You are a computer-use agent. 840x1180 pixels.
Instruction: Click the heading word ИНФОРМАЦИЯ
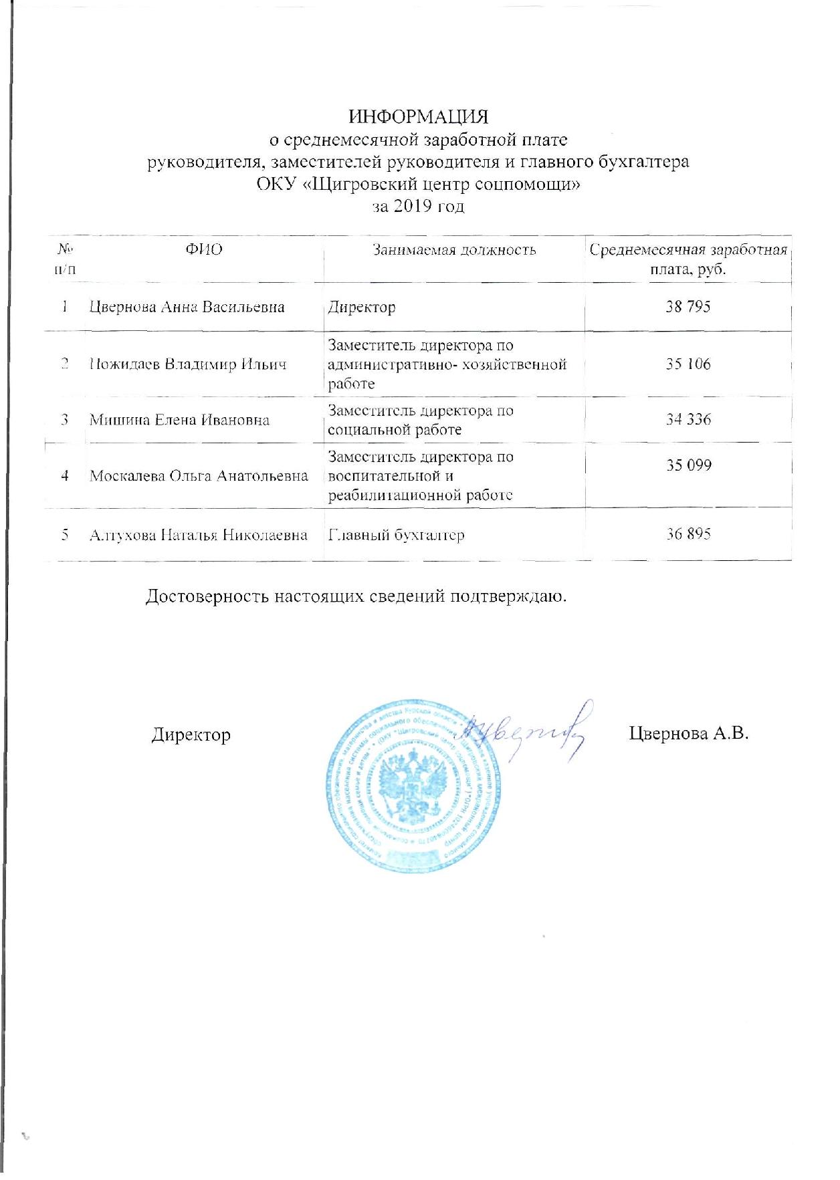point(419,117)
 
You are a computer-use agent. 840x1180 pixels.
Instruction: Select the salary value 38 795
point(688,307)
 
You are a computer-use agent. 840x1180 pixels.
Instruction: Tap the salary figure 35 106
point(688,364)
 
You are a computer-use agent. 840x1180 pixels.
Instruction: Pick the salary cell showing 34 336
point(688,419)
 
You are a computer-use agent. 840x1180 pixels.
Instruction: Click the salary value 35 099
point(688,465)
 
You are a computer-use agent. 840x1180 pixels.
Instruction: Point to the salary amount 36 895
point(688,534)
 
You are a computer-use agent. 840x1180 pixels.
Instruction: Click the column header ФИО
point(204,250)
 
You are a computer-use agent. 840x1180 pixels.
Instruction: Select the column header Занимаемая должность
point(454,250)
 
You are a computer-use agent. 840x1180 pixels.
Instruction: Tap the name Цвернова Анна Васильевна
point(187,308)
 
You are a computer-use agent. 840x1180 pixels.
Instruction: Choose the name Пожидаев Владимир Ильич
point(188,365)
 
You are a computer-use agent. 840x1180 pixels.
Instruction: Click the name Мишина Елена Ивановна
point(179,420)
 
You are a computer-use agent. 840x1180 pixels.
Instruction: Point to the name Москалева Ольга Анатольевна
point(199,476)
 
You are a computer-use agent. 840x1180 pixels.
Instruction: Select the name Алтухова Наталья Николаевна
point(199,535)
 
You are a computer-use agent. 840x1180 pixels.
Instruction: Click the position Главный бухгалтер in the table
point(396,535)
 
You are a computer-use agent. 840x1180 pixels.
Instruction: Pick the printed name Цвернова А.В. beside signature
point(688,733)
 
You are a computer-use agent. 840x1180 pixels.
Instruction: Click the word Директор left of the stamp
point(191,735)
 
